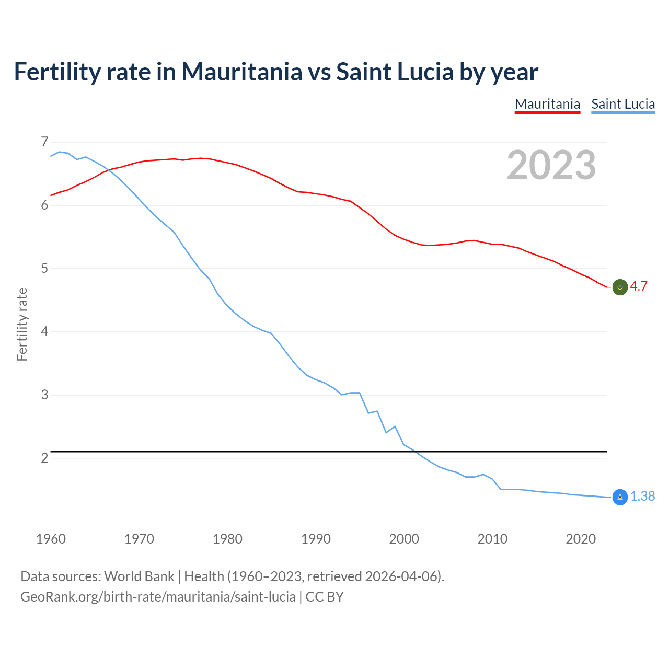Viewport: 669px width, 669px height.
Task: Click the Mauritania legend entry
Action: [547, 104]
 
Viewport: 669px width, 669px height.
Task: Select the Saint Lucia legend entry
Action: [623, 104]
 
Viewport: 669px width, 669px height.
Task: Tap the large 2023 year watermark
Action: [551, 165]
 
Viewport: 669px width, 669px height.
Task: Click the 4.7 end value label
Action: [639, 286]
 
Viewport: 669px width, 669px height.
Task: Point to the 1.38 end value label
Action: [642, 497]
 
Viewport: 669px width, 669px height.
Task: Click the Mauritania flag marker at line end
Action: [620, 287]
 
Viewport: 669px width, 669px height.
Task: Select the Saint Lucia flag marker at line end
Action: [620, 497]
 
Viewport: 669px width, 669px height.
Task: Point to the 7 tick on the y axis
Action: [44, 142]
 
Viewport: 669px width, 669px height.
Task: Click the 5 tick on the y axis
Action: [44, 269]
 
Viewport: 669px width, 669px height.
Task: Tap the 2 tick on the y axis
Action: [44, 458]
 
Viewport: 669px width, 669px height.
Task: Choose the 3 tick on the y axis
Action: [44, 395]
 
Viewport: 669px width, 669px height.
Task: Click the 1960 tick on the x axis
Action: [51, 539]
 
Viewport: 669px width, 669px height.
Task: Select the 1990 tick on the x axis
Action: [316, 539]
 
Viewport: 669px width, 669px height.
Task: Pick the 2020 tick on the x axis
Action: [581, 539]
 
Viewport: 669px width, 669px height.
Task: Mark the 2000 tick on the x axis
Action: [404, 539]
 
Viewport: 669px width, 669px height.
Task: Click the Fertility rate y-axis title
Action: [22, 324]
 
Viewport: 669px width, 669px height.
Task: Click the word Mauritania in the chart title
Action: [241, 72]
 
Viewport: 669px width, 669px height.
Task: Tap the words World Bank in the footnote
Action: [139, 576]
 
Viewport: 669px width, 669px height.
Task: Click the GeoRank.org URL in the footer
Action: [158, 597]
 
